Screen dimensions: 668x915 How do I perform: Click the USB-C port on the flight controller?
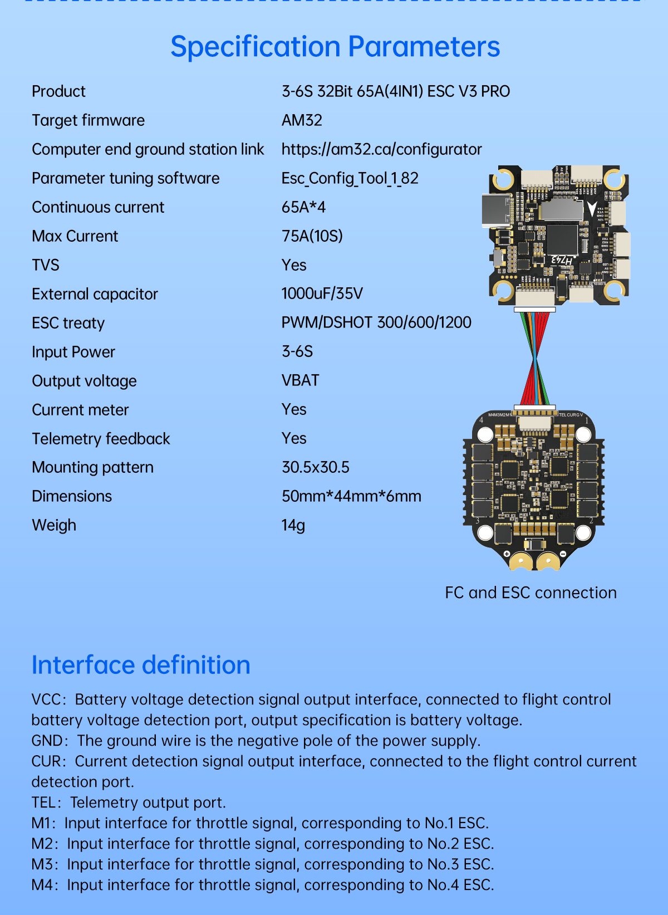click(x=497, y=210)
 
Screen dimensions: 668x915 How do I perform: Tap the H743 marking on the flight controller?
click(x=562, y=260)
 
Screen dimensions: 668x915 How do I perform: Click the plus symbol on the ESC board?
click(x=507, y=554)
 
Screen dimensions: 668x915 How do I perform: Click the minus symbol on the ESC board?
click(x=563, y=554)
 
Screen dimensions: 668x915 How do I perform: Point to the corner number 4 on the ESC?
click(x=481, y=420)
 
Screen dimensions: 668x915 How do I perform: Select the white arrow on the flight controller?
click(x=592, y=209)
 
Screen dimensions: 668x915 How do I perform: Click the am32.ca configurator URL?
click(x=381, y=149)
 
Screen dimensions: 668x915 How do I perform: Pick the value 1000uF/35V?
click(x=322, y=293)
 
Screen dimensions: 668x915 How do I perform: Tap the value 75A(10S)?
click(x=312, y=236)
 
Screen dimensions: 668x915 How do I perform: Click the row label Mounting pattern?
click(x=93, y=467)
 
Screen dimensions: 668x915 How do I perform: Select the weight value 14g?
click(x=293, y=525)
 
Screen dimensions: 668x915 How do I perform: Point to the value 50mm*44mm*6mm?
click(x=351, y=496)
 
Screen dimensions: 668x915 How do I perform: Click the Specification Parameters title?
click(x=335, y=46)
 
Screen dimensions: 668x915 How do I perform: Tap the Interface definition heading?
click(x=141, y=665)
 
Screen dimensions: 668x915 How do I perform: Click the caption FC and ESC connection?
click(x=531, y=593)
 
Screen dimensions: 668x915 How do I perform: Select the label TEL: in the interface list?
click(x=46, y=803)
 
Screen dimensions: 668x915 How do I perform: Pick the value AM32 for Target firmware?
click(x=302, y=120)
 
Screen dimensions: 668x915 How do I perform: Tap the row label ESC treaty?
click(x=68, y=323)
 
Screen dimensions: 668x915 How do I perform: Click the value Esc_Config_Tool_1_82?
click(x=350, y=179)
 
